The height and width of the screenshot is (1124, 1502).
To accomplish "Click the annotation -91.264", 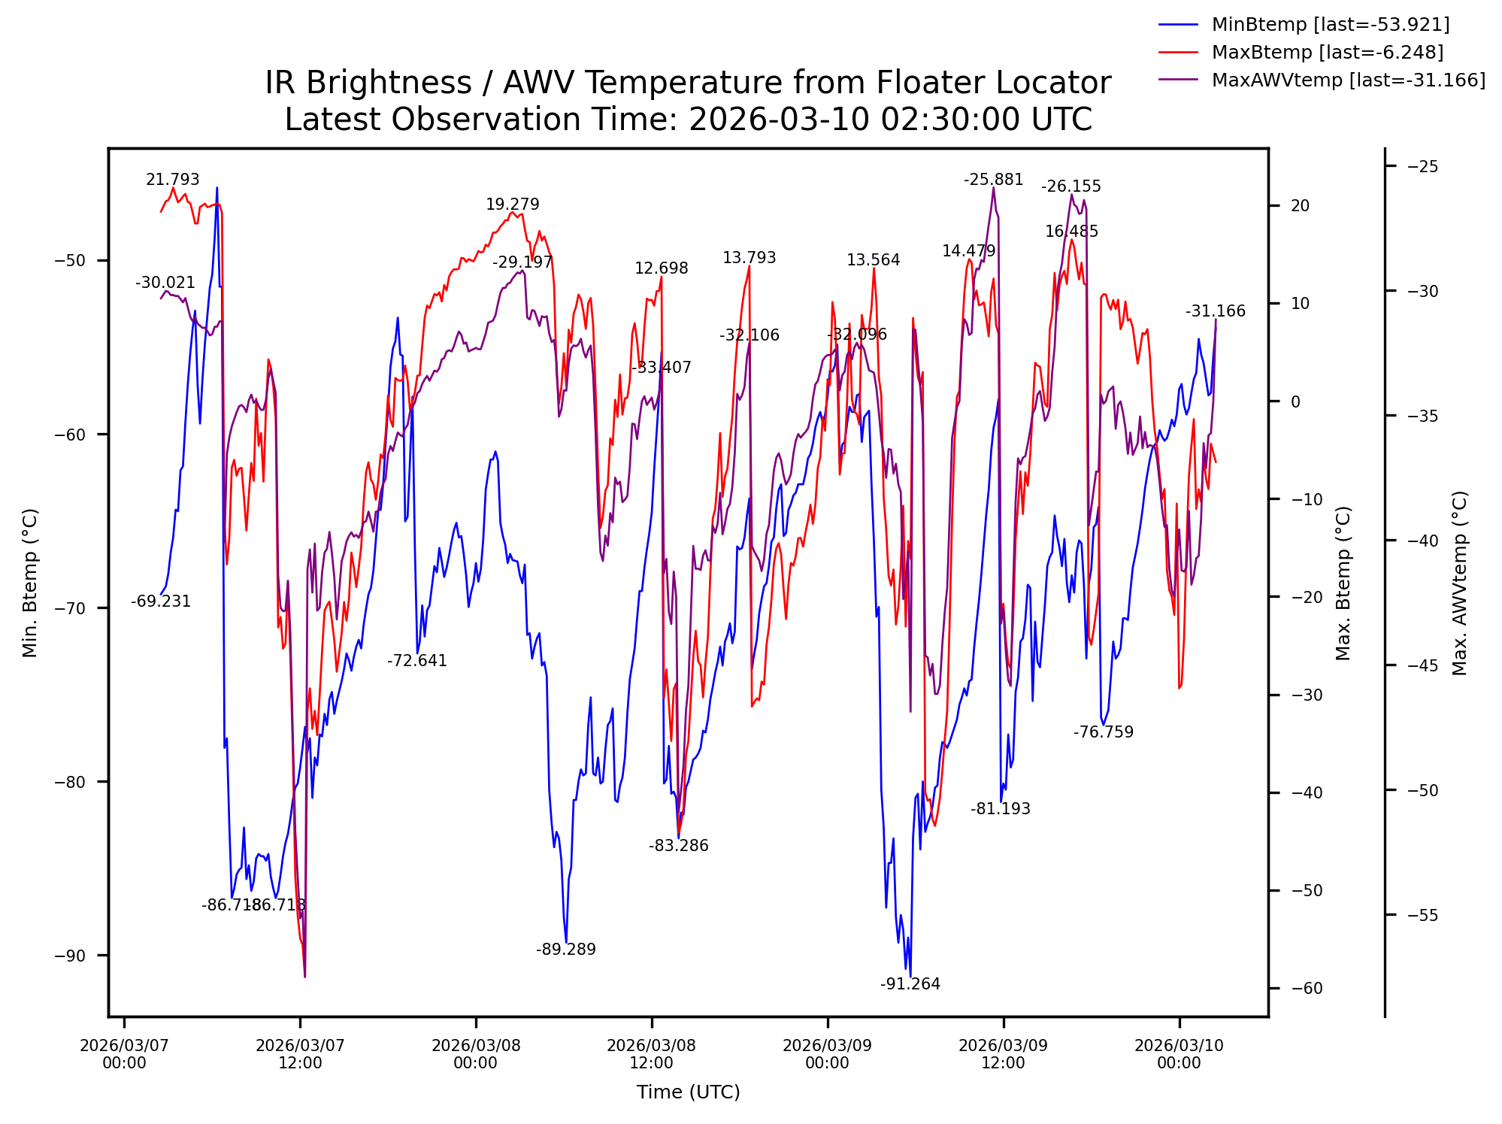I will pyautogui.click(x=910, y=984).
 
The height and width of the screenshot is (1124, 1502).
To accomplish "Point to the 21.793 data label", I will pyautogui.click(x=172, y=180).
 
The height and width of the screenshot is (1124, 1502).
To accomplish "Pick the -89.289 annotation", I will pyautogui.click(x=565, y=950).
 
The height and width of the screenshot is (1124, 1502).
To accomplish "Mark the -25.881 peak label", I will pyautogui.click(x=993, y=180).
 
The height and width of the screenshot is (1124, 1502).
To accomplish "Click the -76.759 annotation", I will pyautogui.click(x=1103, y=732).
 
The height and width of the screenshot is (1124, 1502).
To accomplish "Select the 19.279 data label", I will pyautogui.click(x=512, y=205).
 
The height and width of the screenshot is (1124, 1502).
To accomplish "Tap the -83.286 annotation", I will pyautogui.click(x=678, y=846).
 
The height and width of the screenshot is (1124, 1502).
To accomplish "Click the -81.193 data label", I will pyautogui.click(x=1000, y=809).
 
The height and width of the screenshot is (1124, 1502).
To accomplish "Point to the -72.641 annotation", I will pyautogui.click(x=416, y=661).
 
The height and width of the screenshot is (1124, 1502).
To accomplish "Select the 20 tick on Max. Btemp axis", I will pyautogui.click(x=1300, y=206).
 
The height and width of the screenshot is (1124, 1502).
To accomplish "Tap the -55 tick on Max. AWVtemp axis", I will pyautogui.click(x=1422, y=916).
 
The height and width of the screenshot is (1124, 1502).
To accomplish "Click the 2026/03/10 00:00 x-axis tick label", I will pyautogui.click(x=1179, y=1054).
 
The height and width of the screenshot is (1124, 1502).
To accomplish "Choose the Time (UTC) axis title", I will pyautogui.click(x=688, y=1092).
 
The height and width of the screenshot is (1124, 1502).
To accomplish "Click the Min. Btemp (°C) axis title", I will pyautogui.click(x=30, y=583).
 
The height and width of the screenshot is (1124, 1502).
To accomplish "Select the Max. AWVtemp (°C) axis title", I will pyautogui.click(x=1459, y=583).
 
